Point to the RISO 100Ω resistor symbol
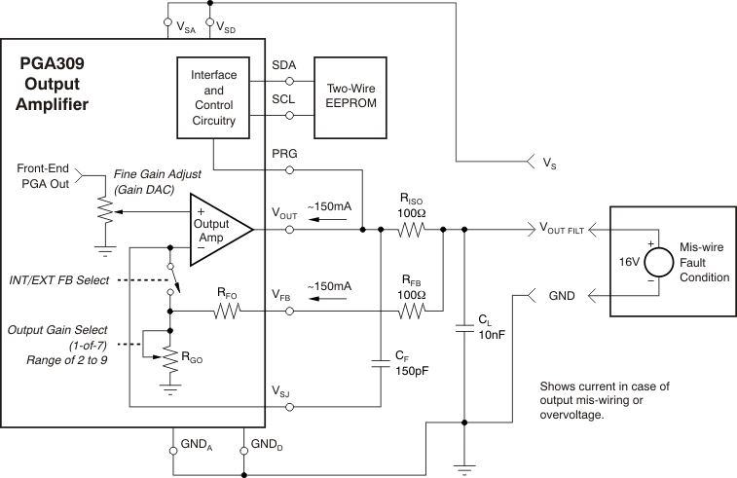pos(411,231)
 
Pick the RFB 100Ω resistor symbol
pos(411,311)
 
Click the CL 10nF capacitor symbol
pos(464,330)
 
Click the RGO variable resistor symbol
pos(170,354)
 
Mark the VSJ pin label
pos(282,391)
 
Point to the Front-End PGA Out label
pos(44,174)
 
